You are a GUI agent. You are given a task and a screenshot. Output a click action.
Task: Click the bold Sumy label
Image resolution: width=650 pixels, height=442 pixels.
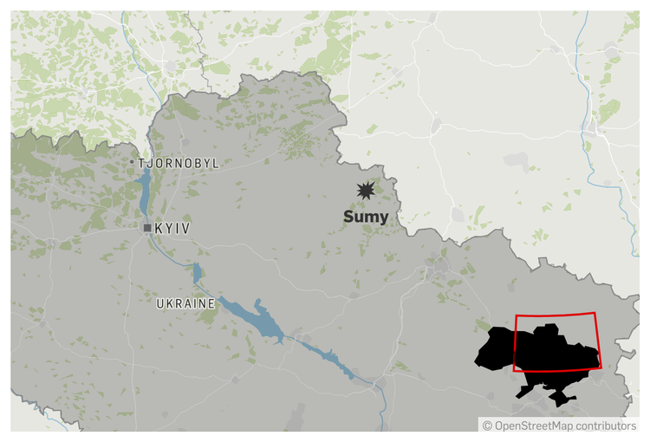[366, 217]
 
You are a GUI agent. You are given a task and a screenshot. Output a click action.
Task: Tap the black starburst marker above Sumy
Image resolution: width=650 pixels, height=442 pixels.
[366, 191]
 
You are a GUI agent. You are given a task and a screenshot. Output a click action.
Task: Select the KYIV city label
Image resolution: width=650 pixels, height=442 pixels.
[172, 228]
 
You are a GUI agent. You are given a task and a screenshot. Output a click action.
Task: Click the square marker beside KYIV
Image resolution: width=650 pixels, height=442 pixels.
[147, 228]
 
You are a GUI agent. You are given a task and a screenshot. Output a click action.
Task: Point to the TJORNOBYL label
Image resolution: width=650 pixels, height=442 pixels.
[179, 163]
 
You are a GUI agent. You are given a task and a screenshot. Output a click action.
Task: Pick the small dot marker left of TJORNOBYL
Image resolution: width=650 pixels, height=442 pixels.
[132, 163]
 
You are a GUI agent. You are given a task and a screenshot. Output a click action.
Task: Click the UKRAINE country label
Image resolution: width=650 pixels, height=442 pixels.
[185, 304]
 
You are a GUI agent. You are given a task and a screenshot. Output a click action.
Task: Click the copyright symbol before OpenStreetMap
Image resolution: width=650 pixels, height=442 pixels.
[487, 426]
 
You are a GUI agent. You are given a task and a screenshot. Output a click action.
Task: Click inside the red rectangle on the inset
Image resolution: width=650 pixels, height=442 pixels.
[555, 342]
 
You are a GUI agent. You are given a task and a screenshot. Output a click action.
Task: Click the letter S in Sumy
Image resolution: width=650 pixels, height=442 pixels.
[348, 217]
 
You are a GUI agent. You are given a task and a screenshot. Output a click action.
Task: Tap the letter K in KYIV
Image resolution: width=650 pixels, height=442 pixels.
[159, 228]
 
